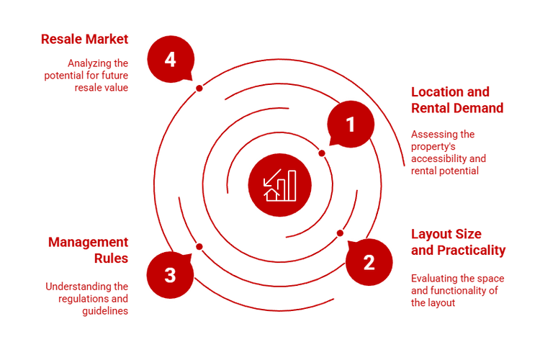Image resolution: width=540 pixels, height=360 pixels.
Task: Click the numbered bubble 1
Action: coord(351,125)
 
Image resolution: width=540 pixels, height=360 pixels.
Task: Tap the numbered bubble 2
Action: coord(369,262)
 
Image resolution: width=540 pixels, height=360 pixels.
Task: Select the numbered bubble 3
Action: coord(170,275)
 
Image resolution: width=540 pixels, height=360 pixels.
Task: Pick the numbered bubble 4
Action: coord(170,59)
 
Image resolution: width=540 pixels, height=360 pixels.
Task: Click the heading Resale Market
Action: coord(84,39)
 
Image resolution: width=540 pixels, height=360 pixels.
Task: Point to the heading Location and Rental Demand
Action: coord(457,100)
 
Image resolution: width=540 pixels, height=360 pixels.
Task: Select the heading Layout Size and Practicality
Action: coord(458,242)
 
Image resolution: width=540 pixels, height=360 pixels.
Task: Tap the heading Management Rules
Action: coord(89,249)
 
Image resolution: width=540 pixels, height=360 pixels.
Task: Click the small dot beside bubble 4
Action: coord(199,88)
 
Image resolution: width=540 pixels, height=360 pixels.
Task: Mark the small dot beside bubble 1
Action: coord(322,153)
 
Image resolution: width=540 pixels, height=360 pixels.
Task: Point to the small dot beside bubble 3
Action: coord(199,246)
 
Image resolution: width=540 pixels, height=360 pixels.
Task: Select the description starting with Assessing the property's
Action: coord(449,153)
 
